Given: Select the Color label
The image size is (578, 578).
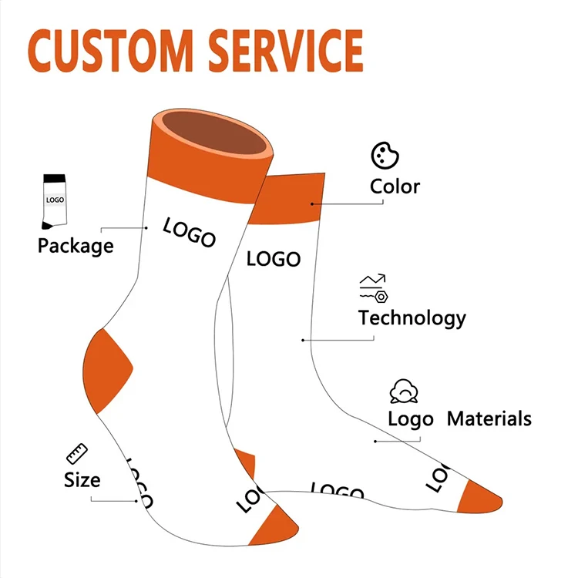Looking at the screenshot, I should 395,187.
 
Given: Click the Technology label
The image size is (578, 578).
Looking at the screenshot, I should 412,318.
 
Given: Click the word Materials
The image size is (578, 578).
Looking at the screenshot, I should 489,419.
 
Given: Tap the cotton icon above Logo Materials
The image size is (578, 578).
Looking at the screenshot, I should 404,391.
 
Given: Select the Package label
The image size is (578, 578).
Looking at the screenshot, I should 76,246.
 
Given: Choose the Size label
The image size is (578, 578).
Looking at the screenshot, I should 82,479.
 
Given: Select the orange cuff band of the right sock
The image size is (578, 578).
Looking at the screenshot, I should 293,199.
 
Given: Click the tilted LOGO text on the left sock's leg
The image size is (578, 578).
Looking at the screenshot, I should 189,232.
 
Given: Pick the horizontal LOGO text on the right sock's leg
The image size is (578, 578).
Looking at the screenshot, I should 273,259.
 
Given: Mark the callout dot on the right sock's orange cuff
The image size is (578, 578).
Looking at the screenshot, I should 313,204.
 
